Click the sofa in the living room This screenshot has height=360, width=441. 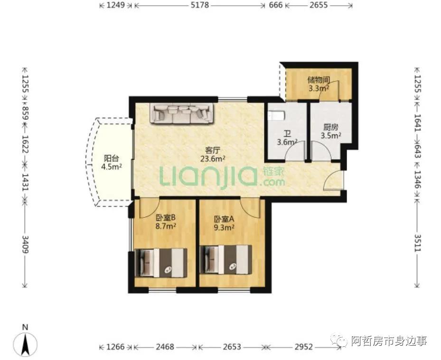(182, 113)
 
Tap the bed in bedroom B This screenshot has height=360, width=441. (161, 263)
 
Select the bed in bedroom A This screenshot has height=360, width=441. (225, 259)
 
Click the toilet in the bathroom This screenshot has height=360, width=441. (276, 115)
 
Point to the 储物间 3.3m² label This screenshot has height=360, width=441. (319, 84)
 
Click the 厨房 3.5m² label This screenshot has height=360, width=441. (331, 132)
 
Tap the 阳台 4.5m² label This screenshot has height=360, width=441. (112, 162)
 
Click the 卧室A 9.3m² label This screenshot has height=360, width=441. (224, 223)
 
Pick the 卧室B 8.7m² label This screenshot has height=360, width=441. (166, 221)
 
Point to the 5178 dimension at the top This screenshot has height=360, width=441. (200, 5)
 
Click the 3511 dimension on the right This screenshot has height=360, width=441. (417, 243)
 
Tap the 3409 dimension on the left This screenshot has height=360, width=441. (25, 244)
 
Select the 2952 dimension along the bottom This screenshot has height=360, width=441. (304, 347)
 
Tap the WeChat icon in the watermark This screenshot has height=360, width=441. (339, 341)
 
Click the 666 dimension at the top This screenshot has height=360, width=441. (276, 5)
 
